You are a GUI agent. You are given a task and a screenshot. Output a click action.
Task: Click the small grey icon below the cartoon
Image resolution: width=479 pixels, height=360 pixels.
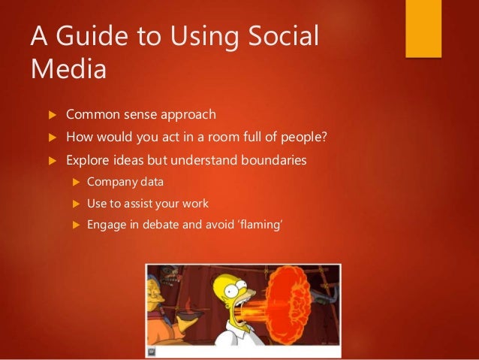(150, 350)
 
